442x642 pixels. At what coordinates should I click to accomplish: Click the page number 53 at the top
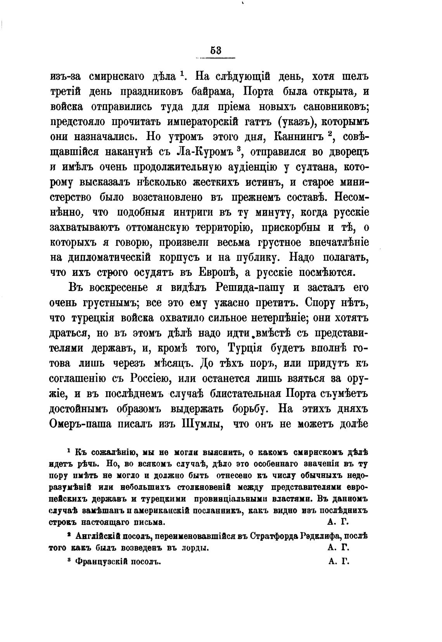point(216,50)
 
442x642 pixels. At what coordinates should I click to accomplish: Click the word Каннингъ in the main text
point(295,137)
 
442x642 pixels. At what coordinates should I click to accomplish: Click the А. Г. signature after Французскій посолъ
point(338,561)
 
